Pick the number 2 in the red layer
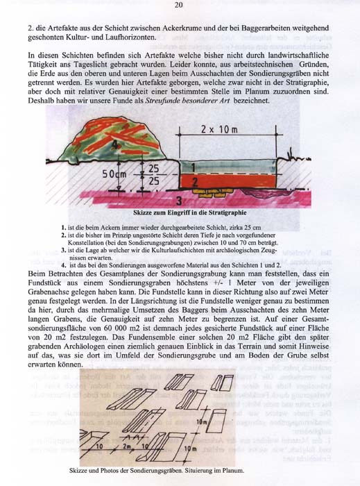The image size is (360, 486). (x=196, y=181)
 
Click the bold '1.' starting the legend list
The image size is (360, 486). (x=64, y=228)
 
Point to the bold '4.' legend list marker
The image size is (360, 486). (x=64, y=265)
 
